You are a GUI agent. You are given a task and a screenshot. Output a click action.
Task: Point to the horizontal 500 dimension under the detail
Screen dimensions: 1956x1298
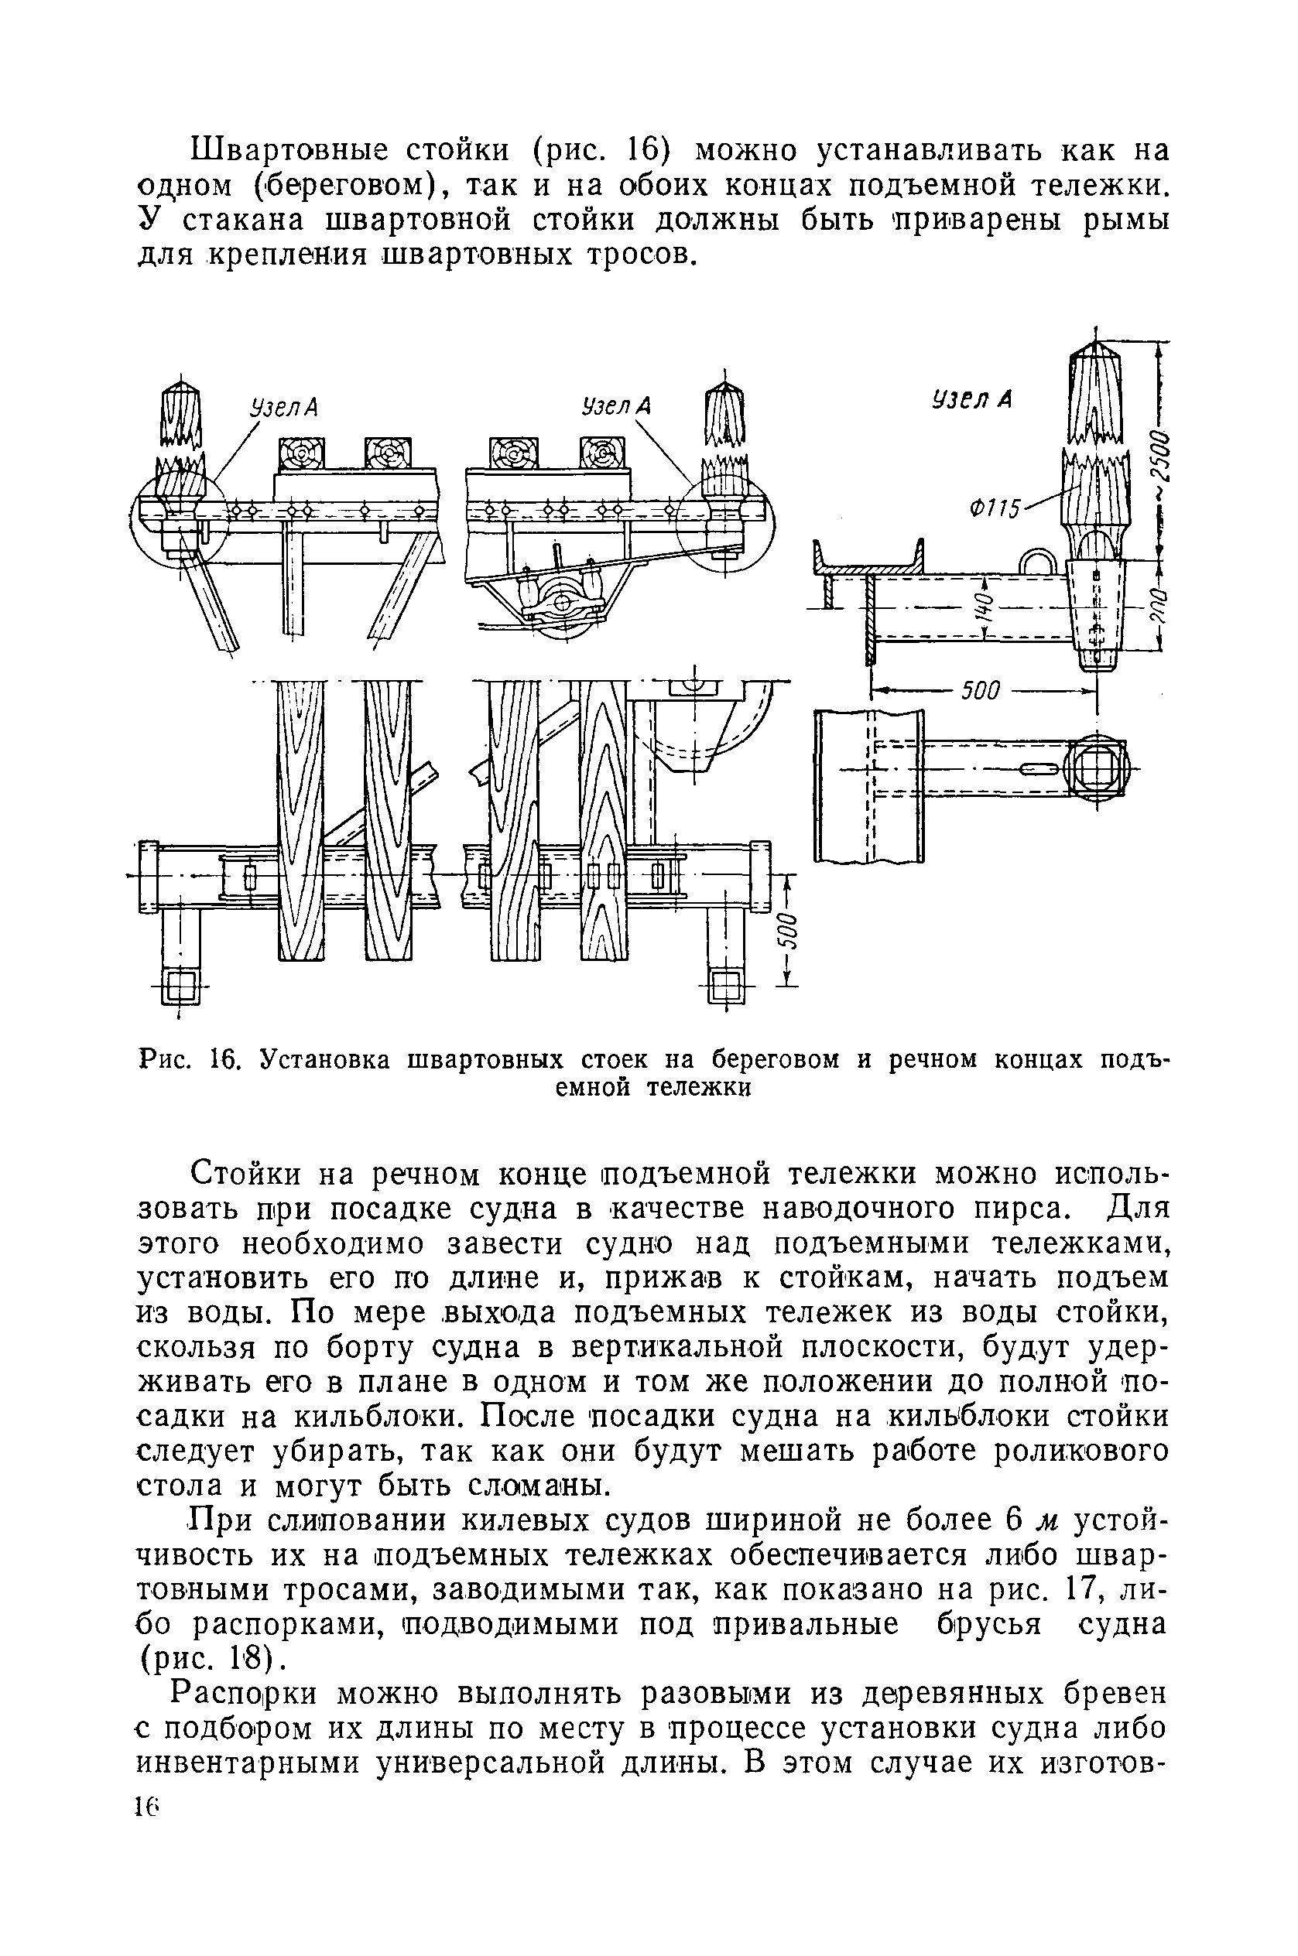[981, 689]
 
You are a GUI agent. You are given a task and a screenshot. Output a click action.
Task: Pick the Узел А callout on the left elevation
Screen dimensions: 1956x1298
[284, 408]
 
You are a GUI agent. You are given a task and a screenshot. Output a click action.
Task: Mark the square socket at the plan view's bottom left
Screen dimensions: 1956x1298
[181, 987]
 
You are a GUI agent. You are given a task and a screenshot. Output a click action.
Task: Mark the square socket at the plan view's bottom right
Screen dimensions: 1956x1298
[726, 987]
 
